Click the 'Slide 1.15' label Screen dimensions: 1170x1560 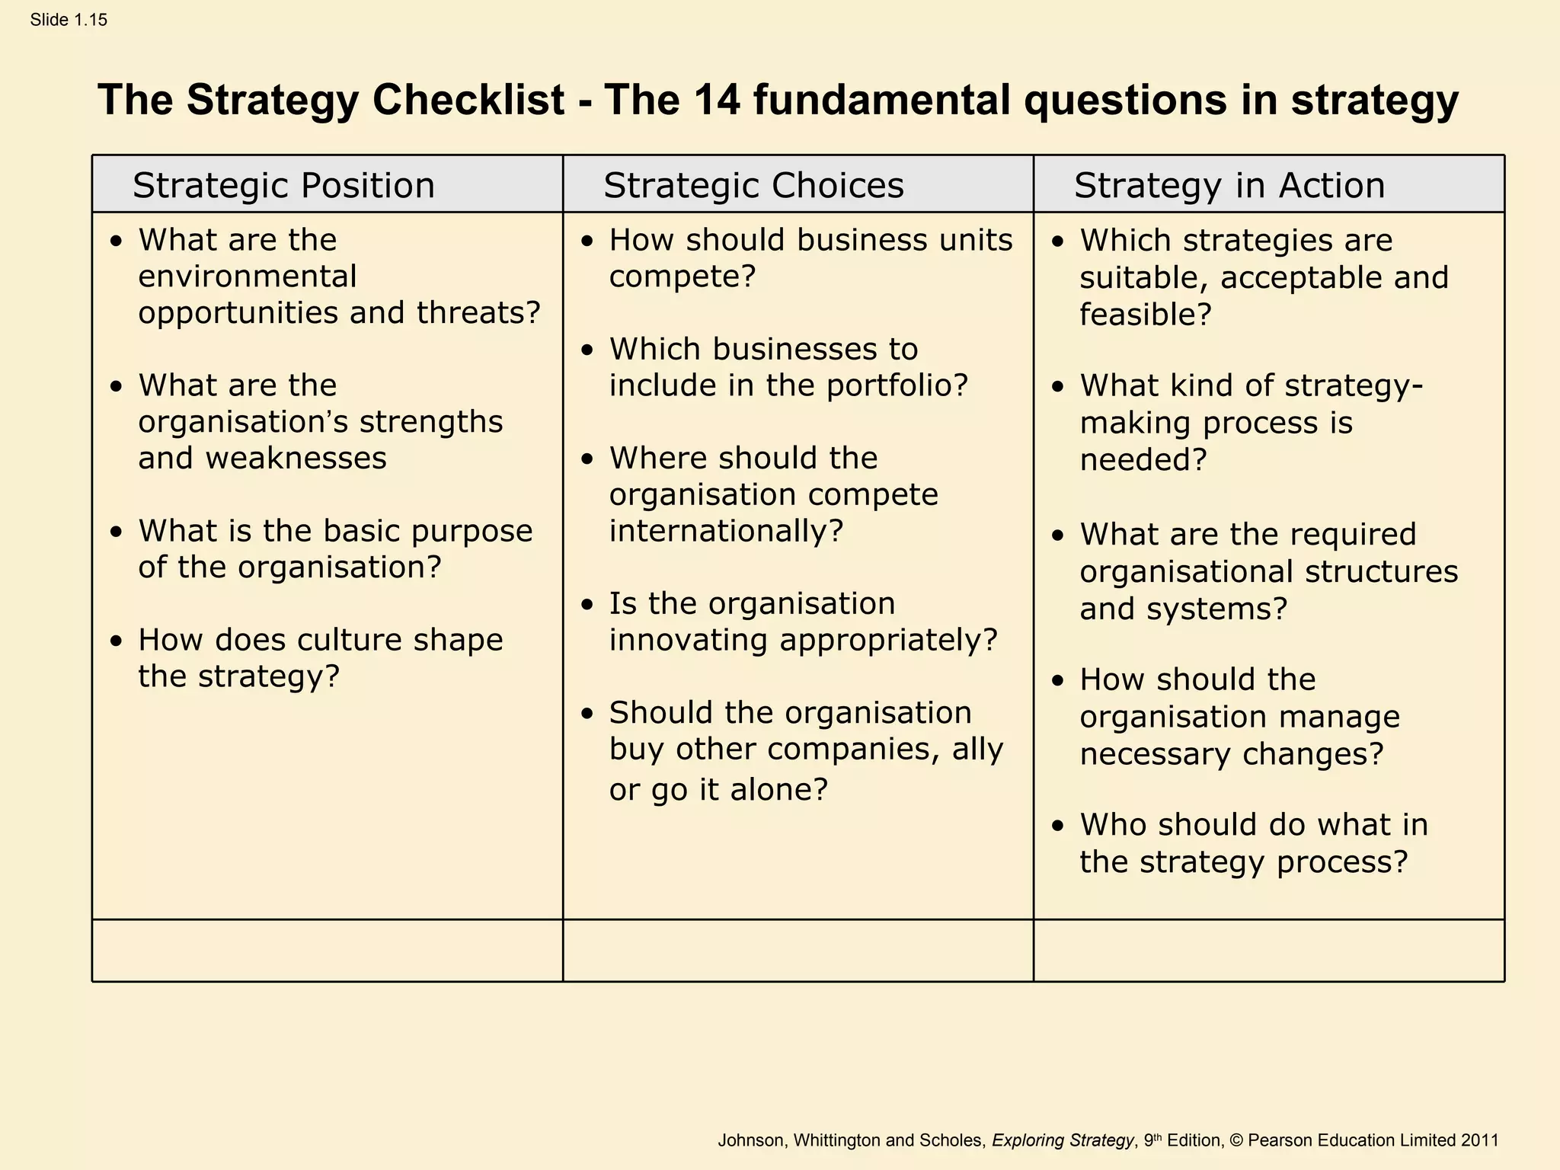[69, 20]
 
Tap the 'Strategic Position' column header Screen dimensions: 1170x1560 [283, 185]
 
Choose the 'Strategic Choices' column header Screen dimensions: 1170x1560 [753, 185]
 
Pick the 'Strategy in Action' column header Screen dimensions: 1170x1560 [1229, 185]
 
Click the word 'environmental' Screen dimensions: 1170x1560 [247, 277]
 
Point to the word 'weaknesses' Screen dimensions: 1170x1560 [296, 459]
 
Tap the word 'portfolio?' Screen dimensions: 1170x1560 [897, 385]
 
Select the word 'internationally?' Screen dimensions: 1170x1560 [726, 531]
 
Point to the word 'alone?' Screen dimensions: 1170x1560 [778, 789]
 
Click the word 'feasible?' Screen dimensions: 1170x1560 [1145, 315]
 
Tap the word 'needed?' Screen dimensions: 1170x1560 [1143, 460]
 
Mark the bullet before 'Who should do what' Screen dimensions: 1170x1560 [1057, 826]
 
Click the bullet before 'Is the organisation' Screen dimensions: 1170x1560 [587, 606]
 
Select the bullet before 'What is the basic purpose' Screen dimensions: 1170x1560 [116, 532]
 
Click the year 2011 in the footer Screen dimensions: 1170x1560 [1479, 1140]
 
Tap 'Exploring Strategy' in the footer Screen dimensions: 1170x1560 [1063, 1140]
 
